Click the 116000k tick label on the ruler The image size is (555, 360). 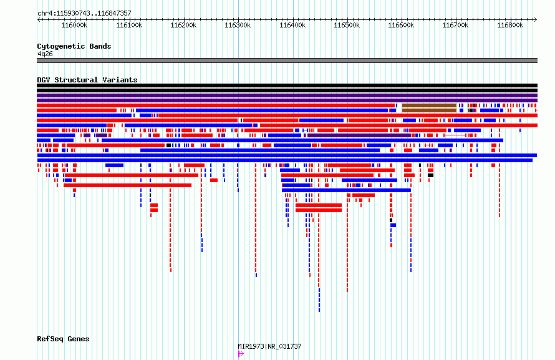click(74, 25)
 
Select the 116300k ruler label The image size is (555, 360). click(238, 25)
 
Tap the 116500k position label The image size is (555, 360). click(347, 25)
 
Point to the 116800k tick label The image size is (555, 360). click(510, 25)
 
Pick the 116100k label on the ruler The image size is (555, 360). click(129, 25)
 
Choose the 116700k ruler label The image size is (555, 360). click(456, 25)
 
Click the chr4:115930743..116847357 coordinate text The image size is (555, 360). click(84, 14)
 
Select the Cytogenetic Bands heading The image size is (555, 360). click(74, 46)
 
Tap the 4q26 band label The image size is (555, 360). click(45, 54)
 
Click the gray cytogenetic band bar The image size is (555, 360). click(287, 61)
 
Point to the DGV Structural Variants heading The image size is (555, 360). click(87, 80)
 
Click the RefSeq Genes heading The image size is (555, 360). click(63, 339)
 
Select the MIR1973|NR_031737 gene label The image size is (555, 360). click(270, 346)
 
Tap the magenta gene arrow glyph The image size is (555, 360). click(241, 354)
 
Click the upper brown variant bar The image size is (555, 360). click(429, 105)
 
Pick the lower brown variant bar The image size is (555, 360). click(429, 110)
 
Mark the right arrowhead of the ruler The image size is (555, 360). click(536, 19)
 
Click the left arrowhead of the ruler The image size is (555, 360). click(38, 19)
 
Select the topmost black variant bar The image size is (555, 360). click(287, 85)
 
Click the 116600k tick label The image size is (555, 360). click(401, 25)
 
